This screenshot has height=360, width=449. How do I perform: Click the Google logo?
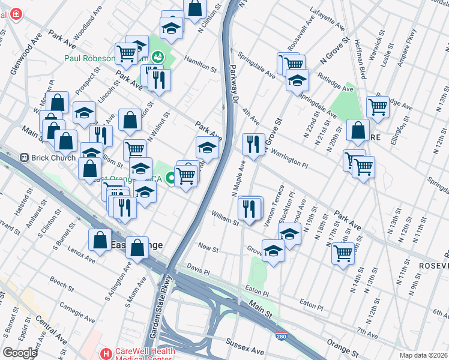pyautogui.click(x=20, y=353)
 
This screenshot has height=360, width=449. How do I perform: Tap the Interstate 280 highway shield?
pyautogui.click(x=280, y=338)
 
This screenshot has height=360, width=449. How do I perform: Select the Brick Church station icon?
pyautogui.click(x=25, y=157)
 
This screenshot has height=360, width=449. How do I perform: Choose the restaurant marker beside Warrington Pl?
pyautogui.click(x=253, y=144)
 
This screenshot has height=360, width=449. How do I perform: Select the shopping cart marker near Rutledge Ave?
pyautogui.click(x=378, y=107)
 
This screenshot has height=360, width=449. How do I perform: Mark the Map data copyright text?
pyautogui.click(x=424, y=355)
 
